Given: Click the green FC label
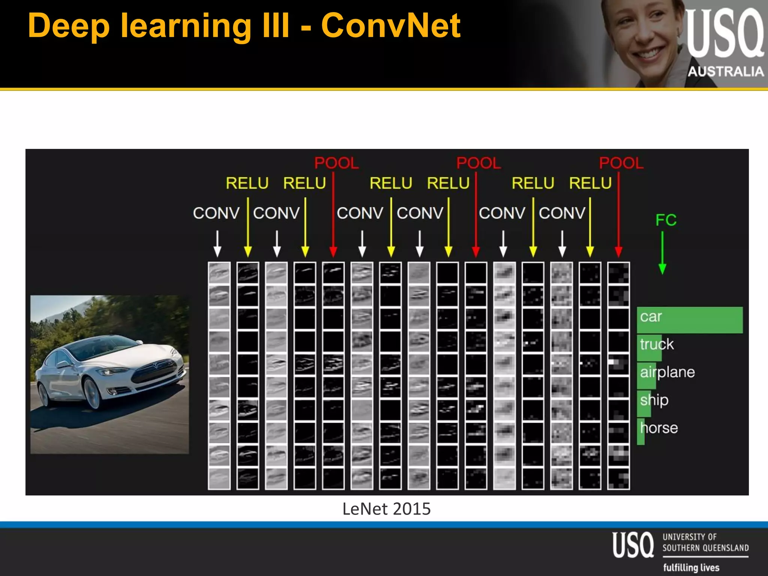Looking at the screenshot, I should pyautogui.click(x=666, y=220).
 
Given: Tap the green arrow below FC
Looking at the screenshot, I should pyautogui.click(x=662, y=253).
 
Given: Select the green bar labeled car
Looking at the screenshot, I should pyautogui.click(x=690, y=320).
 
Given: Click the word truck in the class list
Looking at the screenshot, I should pyautogui.click(x=657, y=344).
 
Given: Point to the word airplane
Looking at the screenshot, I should pyautogui.click(x=667, y=372).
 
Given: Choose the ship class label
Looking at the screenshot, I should pyautogui.click(x=654, y=400).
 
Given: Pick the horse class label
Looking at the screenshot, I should pyautogui.click(x=659, y=428).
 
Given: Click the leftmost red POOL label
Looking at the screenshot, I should pyautogui.click(x=336, y=163).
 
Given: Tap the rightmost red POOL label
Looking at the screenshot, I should pyautogui.click(x=621, y=163).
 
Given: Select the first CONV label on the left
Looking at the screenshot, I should pyautogui.click(x=216, y=213).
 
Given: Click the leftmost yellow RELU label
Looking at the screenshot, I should pyautogui.click(x=247, y=183).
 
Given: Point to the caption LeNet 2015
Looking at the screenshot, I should pyautogui.click(x=387, y=509).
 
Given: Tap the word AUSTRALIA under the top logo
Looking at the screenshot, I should pyautogui.click(x=726, y=71).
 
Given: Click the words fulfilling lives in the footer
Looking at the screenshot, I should pyautogui.click(x=691, y=567).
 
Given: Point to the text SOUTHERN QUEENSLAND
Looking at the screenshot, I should pyautogui.click(x=705, y=548).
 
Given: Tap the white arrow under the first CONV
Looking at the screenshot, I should pyautogui.click(x=217, y=244).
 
